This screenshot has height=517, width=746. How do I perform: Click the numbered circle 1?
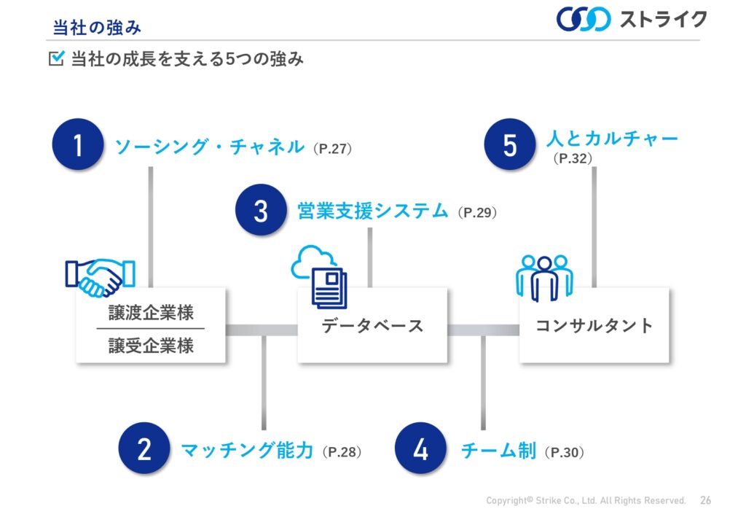(78, 144)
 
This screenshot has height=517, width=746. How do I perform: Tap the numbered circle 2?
(144, 448)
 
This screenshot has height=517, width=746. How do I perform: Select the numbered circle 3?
(262, 210)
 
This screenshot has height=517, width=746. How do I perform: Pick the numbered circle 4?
(420, 448)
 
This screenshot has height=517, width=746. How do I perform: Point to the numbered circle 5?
(510, 144)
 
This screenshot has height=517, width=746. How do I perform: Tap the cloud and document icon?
(319, 276)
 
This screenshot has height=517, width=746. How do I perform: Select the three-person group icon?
(544, 278)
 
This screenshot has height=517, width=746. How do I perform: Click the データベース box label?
(372, 326)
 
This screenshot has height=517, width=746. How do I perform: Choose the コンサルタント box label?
(594, 326)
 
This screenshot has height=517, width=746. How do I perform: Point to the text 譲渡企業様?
(151, 313)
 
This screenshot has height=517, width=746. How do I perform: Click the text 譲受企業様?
(151, 346)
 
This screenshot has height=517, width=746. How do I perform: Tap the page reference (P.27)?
(332, 149)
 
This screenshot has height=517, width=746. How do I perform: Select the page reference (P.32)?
(573, 158)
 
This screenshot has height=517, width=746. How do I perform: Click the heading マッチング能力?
(248, 450)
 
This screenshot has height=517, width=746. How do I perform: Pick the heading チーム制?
(499, 450)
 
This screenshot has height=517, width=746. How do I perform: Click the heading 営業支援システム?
(372, 211)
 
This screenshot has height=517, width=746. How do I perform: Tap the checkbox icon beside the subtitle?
(56, 58)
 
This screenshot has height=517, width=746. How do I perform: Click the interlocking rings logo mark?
(584, 19)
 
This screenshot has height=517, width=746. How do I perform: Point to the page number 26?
(705, 500)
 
